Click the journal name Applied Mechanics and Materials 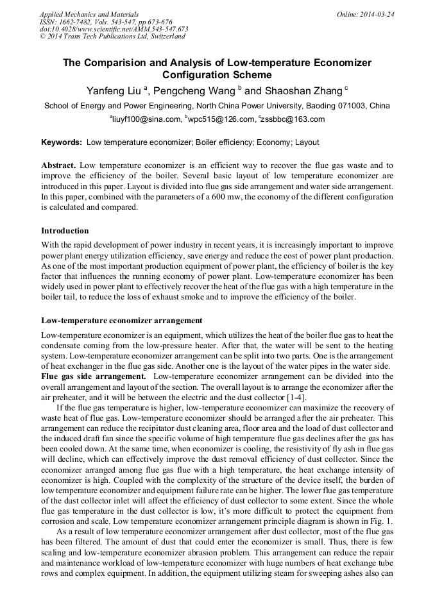(x=89, y=14)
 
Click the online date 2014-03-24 (x=375, y=14)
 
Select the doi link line (x=114, y=29)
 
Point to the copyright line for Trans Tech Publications (x=112, y=37)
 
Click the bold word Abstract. (x=59, y=165)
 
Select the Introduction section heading (x=65, y=231)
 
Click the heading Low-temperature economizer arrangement (x=122, y=321)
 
